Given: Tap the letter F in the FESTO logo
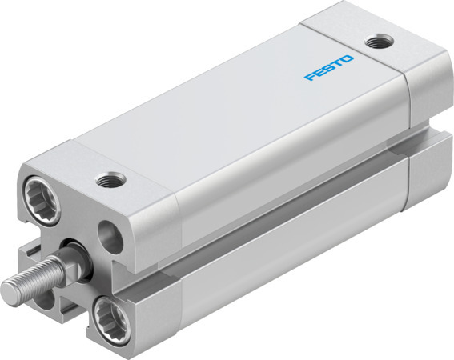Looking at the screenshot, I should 309,78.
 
